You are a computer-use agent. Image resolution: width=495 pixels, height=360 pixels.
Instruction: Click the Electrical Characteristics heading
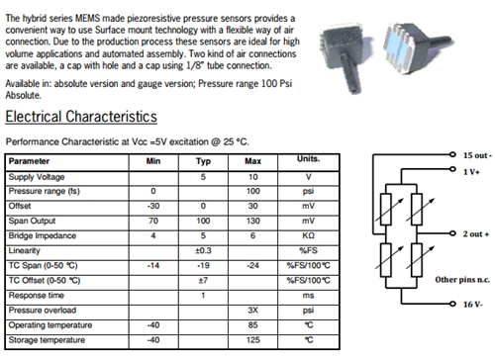click(81, 117)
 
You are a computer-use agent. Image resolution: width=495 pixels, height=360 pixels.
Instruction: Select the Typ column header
click(203, 161)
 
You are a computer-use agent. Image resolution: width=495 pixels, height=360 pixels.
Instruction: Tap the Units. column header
click(309, 159)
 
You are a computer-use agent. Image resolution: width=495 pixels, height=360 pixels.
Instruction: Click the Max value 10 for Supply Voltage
click(253, 177)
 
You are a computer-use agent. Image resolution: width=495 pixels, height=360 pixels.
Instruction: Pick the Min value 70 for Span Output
click(153, 221)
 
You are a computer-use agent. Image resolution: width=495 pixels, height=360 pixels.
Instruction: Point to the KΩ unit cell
click(308, 235)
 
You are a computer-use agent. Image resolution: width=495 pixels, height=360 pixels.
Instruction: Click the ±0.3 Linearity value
click(203, 250)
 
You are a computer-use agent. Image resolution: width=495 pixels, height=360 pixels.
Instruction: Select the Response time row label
click(37, 296)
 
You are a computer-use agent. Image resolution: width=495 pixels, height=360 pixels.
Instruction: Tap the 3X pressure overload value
click(253, 311)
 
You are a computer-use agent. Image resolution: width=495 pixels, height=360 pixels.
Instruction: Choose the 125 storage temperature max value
click(253, 340)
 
